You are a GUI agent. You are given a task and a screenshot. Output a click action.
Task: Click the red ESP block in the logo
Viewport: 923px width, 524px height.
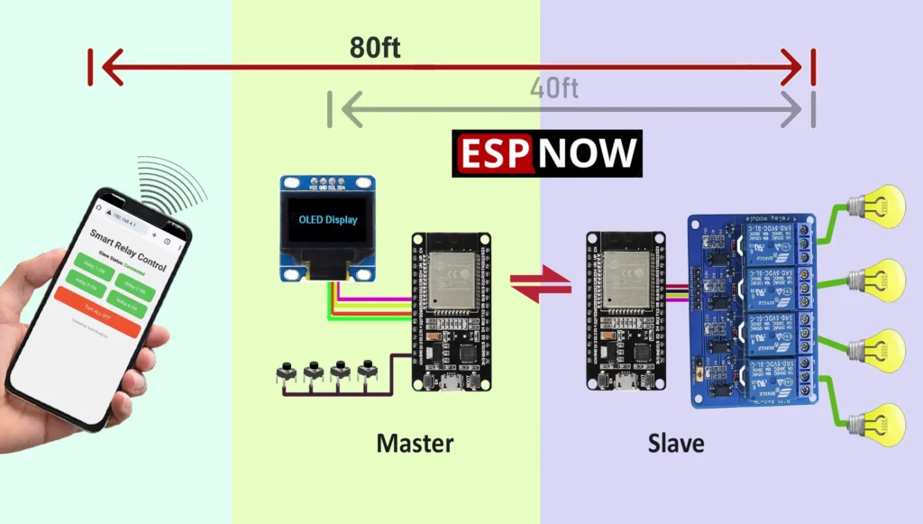(x=496, y=153)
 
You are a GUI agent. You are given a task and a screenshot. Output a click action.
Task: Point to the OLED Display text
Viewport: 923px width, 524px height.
(x=328, y=219)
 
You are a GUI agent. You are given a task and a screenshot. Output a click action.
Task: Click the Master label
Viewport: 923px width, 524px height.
(x=415, y=444)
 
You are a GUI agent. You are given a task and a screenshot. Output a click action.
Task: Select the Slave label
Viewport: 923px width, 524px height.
(x=676, y=444)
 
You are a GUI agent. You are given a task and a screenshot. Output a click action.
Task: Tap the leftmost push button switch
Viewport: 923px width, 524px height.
(x=288, y=372)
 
